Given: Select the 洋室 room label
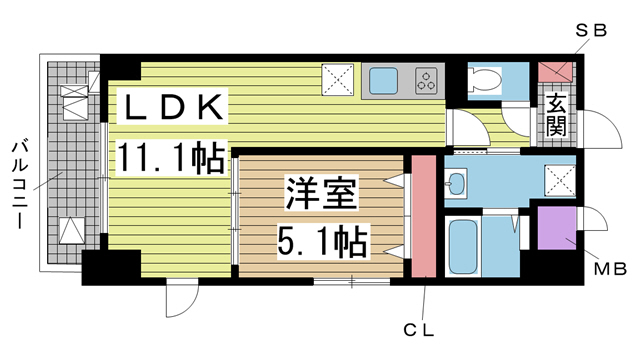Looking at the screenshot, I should (x=321, y=193).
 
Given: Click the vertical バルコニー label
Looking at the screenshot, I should (x=17, y=182).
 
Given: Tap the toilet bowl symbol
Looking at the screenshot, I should (x=485, y=82).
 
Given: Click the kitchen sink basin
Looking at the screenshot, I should (x=383, y=80).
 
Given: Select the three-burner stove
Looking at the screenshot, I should (x=426, y=80).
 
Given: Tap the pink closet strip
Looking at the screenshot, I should (x=424, y=215).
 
